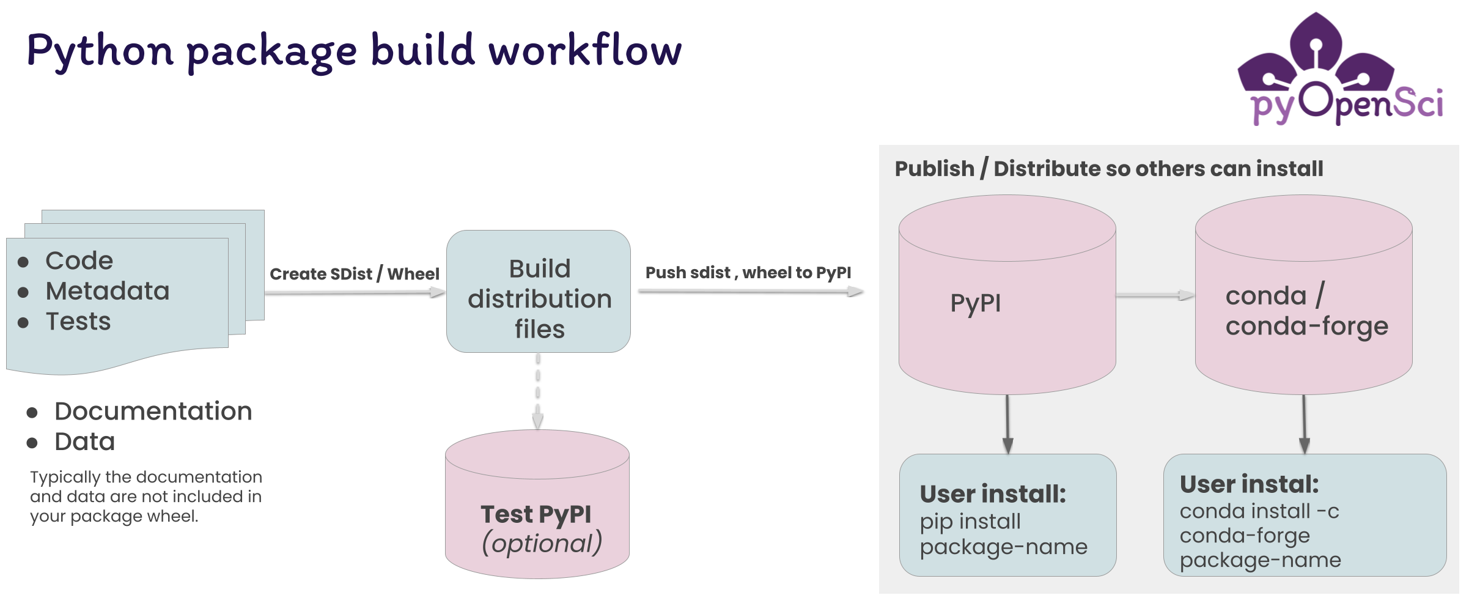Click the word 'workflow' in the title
click(x=585, y=50)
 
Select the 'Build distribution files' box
click(x=539, y=291)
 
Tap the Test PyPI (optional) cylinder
click(x=537, y=504)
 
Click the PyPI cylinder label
click(x=976, y=303)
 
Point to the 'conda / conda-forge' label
click(x=1307, y=311)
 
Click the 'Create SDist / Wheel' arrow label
click(x=355, y=274)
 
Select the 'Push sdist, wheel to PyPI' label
click(x=748, y=273)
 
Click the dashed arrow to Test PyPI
click(x=538, y=391)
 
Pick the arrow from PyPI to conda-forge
click(x=1155, y=295)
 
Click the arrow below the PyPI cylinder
click(x=1008, y=424)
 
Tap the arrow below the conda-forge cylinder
click(x=1304, y=424)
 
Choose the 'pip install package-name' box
click(x=1008, y=515)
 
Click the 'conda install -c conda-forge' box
click(x=1305, y=515)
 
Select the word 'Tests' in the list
click(x=78, y=322)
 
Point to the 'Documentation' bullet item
click(x=139, y=412)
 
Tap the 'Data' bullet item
click(x=71, y=442)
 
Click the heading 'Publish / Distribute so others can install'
click(x=1109, y=169)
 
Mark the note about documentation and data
click(x=146, y=497)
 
